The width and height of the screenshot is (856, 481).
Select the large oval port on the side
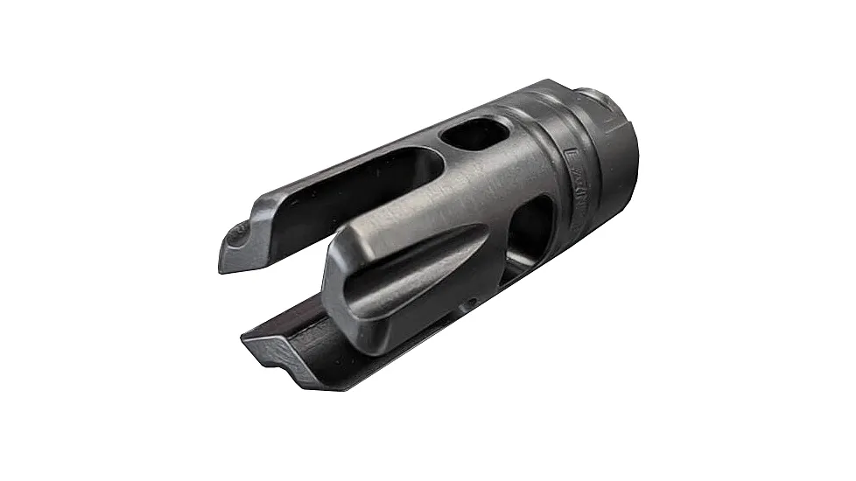pyautogui.click(x=531, y=229)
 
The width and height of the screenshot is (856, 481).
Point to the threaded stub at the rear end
pyautogui.click(x=601, y=94)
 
